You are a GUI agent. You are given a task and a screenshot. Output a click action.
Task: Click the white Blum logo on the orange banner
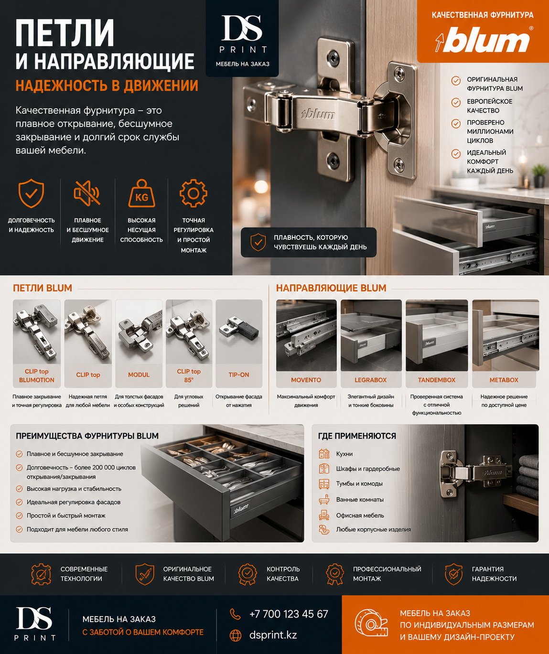[483, 40]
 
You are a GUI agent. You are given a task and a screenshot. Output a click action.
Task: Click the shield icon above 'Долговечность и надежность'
[31, 193]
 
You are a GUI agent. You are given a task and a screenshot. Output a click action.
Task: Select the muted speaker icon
[87, 193]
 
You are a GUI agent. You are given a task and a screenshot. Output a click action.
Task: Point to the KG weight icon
[141, 193]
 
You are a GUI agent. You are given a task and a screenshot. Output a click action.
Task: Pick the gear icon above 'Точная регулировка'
[194, 193]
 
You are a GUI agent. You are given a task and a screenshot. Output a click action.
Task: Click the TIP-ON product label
[239, 375]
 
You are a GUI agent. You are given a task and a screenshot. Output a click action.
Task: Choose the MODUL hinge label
[139, 375]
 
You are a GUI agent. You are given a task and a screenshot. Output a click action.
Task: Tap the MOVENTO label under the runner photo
[306, 380]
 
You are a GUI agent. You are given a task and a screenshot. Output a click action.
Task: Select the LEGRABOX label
[371, 380]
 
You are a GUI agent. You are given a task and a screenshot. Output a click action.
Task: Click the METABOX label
[504, 380]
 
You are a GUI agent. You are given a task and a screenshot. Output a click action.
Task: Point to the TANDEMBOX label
[437, 380]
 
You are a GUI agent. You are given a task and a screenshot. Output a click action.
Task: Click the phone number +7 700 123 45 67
[289, 614]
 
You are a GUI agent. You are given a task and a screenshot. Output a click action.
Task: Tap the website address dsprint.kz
[273, 635]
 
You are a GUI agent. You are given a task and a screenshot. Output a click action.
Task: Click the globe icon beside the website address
[236, 635]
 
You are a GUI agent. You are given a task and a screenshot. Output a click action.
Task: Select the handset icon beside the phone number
[236, 614]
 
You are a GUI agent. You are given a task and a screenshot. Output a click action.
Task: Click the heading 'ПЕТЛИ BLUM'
[43, 288]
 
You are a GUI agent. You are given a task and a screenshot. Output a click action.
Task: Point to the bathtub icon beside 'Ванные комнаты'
[324, 499]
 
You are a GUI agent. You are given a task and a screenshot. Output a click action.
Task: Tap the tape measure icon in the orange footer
[371, 625]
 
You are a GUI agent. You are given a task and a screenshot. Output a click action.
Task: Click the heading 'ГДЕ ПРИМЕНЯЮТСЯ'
[357, 436]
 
